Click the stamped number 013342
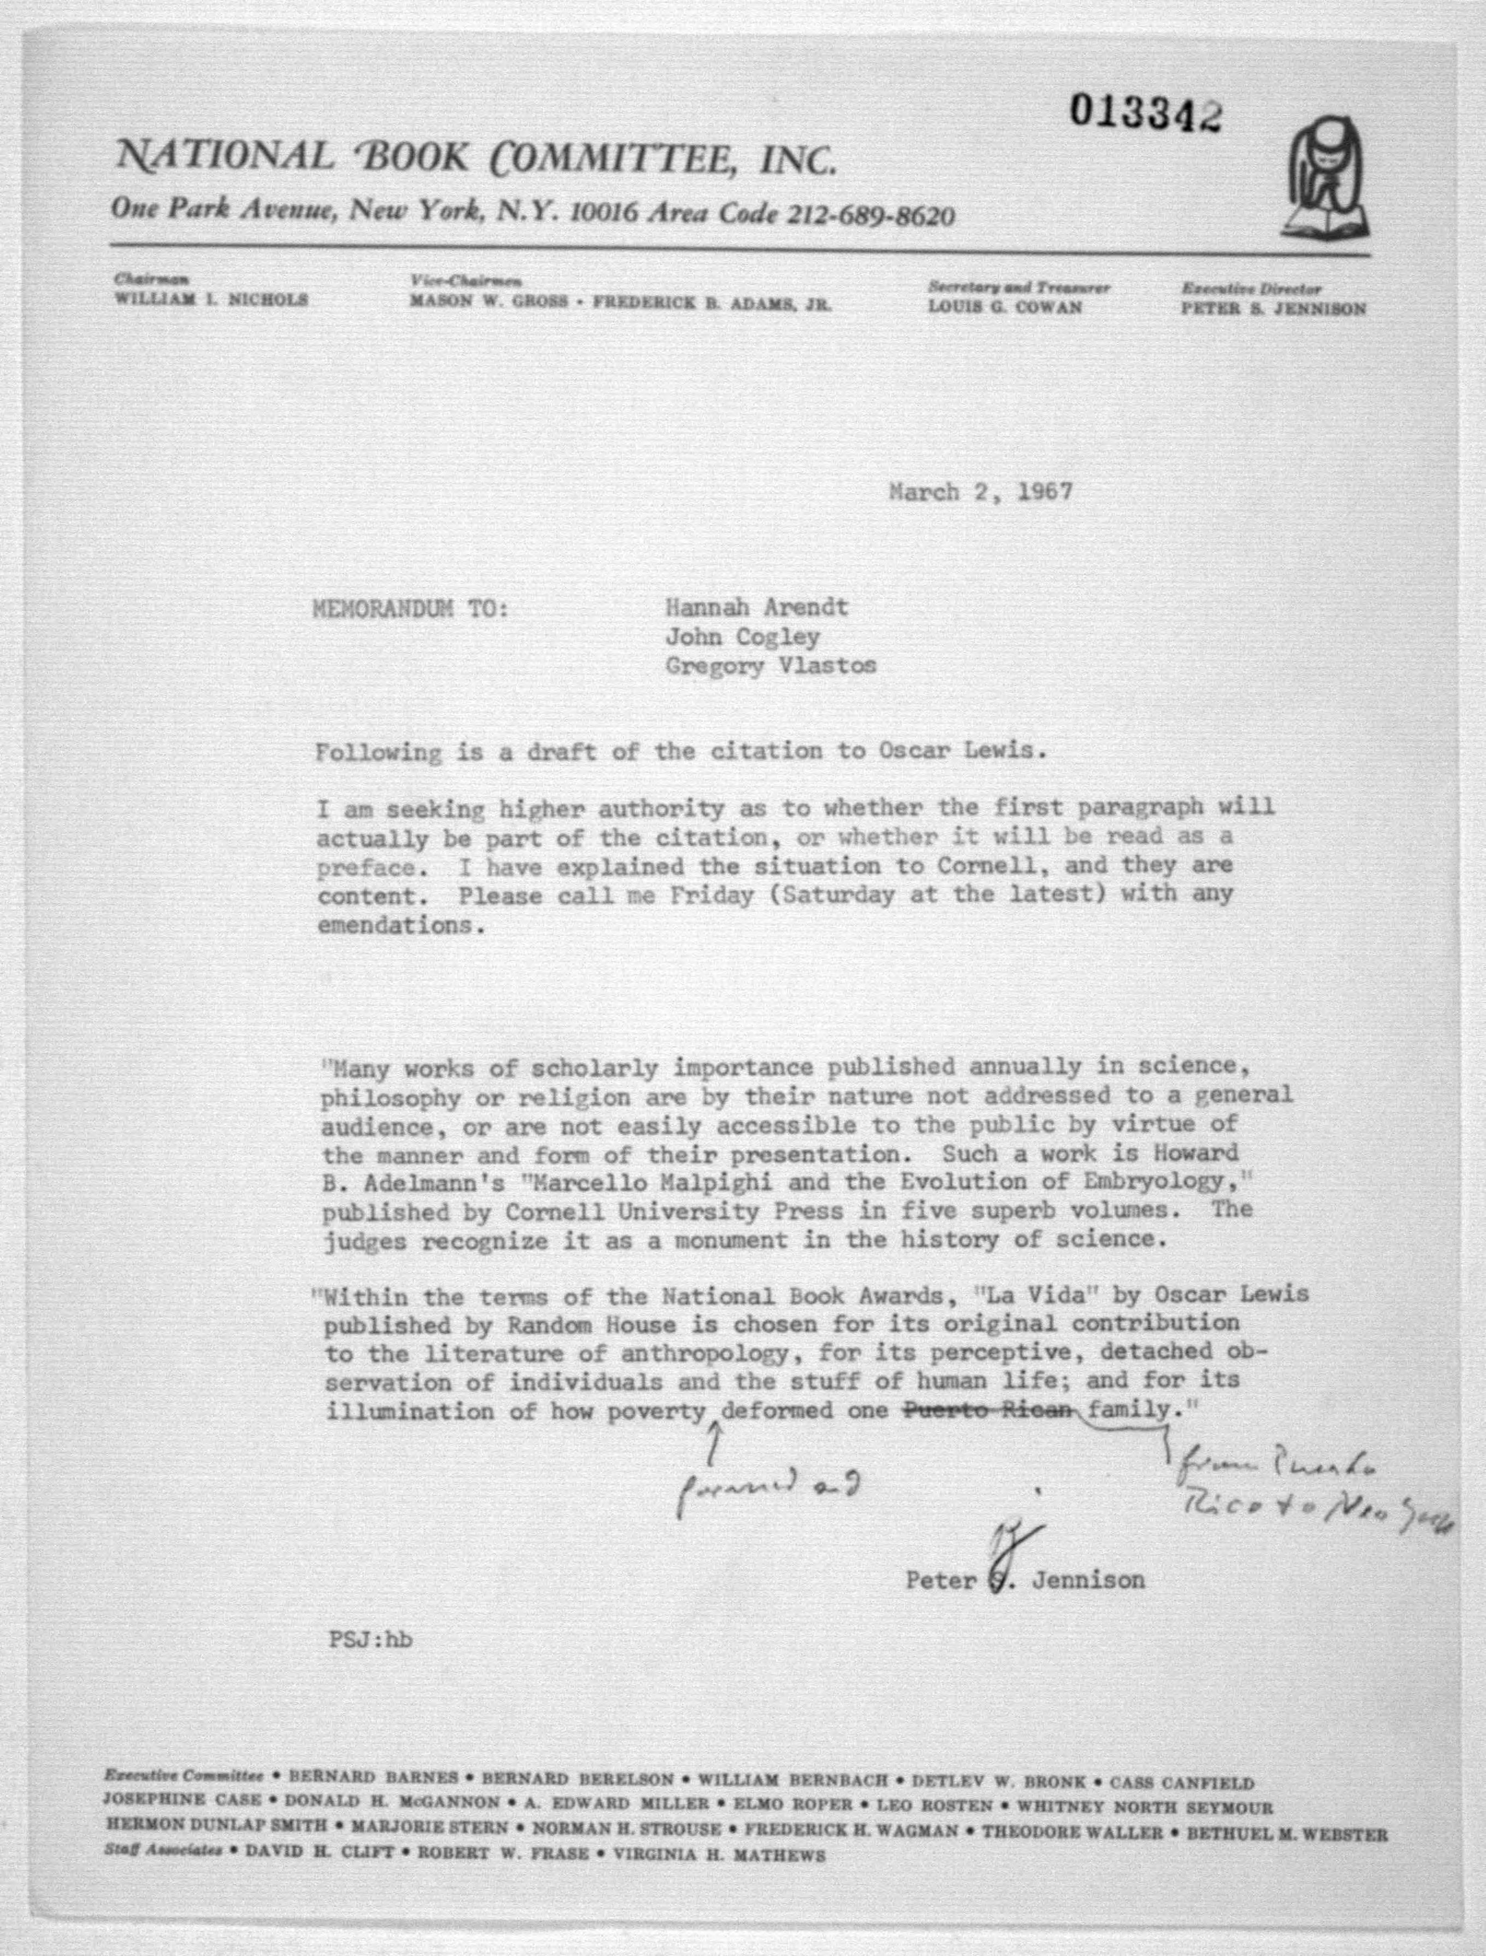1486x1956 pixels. (x=1145, y=112)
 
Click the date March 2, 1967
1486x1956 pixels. (x=980, y=492)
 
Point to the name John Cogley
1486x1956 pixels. (x=743, y=637)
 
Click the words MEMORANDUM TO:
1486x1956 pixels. (x=411, y=609)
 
